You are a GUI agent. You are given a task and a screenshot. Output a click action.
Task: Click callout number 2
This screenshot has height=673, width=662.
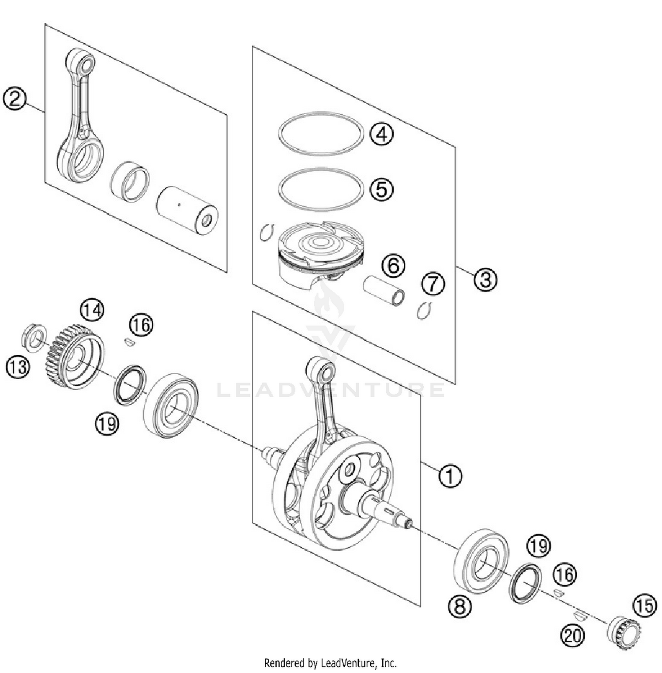[x=15, y=99]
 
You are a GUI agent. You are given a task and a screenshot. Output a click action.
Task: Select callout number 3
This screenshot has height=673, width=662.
[x=485, y=279]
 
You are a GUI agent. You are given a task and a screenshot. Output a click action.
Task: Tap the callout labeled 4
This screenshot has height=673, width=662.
[x=381, y=134]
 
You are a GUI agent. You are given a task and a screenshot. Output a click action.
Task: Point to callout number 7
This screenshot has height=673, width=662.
[x=433, y=284]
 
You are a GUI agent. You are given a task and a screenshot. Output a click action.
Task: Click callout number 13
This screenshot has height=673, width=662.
[x=18, y=367]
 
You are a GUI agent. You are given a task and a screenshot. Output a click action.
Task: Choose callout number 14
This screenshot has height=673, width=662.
[x=92, y=310]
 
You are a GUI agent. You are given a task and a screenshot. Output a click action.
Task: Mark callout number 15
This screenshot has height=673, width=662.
[x=645, y=605]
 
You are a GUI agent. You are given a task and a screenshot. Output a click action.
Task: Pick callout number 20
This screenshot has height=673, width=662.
[x=573, y=635]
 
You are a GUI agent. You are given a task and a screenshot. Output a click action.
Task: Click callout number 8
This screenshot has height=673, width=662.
[x=460, y=607]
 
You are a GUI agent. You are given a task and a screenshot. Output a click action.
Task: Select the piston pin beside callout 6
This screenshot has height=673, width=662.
[x=384, y=291]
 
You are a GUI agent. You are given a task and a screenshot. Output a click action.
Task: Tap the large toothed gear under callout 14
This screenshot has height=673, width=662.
[x=74, y=357]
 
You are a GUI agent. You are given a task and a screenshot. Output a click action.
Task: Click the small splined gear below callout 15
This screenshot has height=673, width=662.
[x=624, y=634]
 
